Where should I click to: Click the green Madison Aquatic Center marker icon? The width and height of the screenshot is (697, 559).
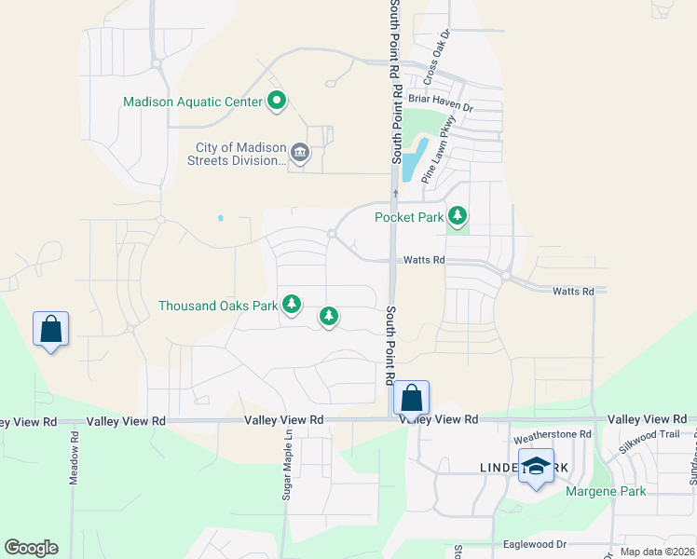point(277,101)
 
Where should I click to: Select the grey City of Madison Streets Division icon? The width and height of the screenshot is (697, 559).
point(300,152)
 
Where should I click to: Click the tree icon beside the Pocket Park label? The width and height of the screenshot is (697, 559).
point(457,216)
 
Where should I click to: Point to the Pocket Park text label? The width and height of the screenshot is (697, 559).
point(408,217)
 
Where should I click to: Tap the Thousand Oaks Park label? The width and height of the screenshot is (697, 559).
point(218,305)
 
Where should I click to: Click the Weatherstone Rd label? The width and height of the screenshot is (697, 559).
point(553,434)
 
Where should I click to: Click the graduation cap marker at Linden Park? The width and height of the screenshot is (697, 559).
point(536,467)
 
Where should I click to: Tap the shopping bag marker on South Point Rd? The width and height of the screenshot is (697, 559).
point(411,398)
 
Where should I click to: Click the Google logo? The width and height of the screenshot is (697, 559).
point(31,548)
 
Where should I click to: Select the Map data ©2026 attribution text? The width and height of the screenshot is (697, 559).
point(657,552)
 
